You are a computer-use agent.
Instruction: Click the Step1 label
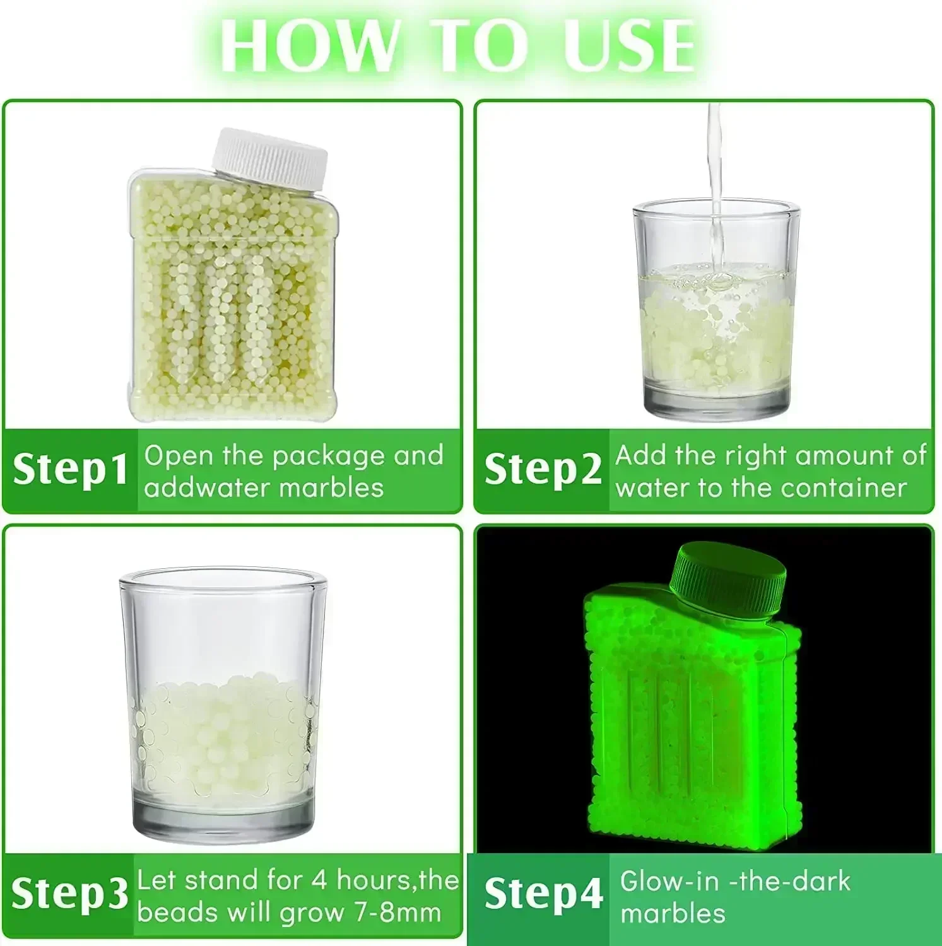coord(70,469)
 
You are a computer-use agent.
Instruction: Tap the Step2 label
coord(543,469)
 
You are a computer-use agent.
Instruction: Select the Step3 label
coord(69,894)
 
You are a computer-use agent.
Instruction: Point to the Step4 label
coord(543,894)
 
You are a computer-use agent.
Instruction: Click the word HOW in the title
coord(311,45)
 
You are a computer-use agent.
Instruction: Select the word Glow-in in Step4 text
coord(669,881)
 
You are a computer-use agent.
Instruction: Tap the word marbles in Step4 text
coord(673,913)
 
